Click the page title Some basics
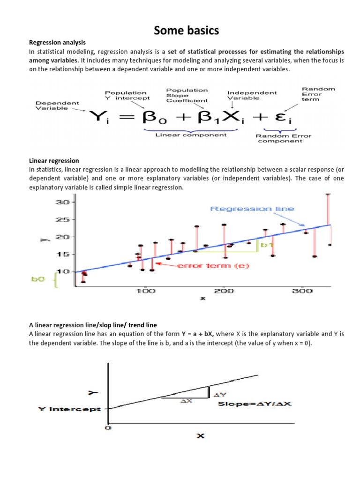(180, 31)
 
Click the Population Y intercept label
(127, 96)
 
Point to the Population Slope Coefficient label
(187, 95)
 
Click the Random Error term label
(318, 94)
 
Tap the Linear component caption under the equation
(190, 135)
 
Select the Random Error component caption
(283, 139)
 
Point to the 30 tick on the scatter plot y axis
(63, 202)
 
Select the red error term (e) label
(213, 266)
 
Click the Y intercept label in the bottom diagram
(69, 409)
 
